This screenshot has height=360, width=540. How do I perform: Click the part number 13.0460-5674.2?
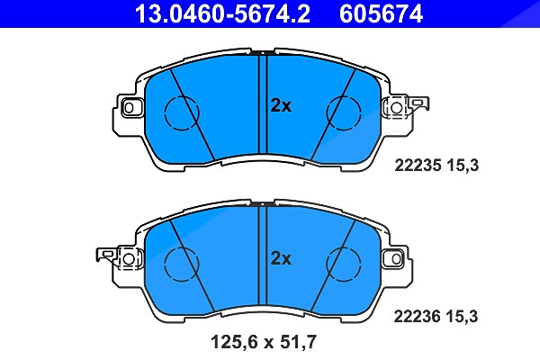tap(222, 13)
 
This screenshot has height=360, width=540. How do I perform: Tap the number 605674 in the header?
tap(381, 13)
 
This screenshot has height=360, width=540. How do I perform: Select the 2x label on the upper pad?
tap(281, 106)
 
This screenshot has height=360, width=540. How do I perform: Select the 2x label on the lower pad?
tap(281, 258)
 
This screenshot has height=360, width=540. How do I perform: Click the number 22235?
tap(418, 166)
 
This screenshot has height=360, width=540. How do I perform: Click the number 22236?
tap(417, 316)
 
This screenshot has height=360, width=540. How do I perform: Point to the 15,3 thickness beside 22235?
tap(463, 166)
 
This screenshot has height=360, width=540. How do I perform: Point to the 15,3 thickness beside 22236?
tap(463, 317)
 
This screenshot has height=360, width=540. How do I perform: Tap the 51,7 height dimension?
tap(298, 342)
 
